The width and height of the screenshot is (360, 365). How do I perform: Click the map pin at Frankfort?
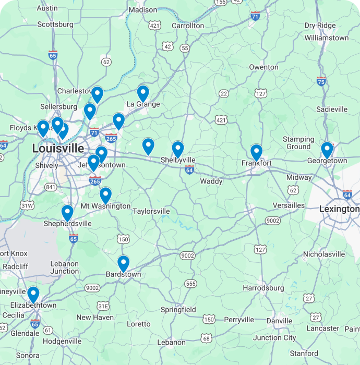pos(256,152)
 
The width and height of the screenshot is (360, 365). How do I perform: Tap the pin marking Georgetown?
pos(327,150)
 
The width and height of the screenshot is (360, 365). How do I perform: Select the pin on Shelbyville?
pos(178,149)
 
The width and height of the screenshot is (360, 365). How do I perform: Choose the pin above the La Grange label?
pos(143,93)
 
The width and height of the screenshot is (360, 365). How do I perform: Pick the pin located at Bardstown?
pos(123,263)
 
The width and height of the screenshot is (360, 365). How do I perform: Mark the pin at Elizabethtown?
pos(33,295)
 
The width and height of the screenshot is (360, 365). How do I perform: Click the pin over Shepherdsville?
pos(67,213)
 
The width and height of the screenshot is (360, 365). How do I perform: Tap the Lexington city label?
pos(339,209)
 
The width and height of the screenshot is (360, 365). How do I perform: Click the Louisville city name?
pos(57,149)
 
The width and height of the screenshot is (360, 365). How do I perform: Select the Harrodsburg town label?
pos(263,288)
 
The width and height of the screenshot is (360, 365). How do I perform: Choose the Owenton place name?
pos(263,67)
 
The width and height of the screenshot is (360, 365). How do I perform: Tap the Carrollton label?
pos(188,26)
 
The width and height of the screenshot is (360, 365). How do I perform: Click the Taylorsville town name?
pos(151,211)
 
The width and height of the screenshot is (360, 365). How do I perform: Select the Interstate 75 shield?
pos(321,81)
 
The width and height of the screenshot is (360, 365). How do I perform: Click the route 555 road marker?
pos(191,284)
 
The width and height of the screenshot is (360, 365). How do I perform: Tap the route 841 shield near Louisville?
pos(51,187)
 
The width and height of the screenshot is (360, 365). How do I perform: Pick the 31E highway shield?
pos(103,306)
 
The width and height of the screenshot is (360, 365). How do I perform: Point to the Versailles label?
pos(289,205)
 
